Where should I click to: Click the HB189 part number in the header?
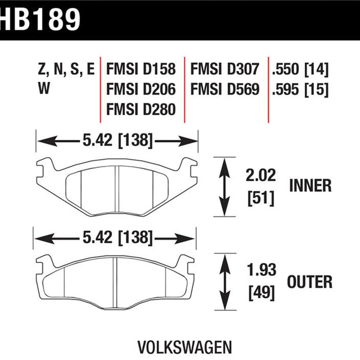40,20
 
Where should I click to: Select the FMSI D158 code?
141,69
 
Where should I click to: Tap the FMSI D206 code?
141,89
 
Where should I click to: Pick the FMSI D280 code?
141,109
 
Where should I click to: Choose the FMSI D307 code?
225,69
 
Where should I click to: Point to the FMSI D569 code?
225,89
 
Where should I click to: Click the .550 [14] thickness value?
300,69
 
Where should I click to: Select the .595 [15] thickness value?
300,89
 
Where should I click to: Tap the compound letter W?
44,88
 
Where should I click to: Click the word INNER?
311,185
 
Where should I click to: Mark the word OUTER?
309,282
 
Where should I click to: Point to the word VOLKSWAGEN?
185,347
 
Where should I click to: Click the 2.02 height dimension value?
261,175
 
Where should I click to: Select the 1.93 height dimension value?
261,270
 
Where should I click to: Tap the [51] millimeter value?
261,198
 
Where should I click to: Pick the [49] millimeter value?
261,293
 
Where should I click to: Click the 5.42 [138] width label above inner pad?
117,140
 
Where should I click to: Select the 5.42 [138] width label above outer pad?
117,237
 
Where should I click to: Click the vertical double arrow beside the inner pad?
224,187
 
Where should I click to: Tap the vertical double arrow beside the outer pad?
225,282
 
